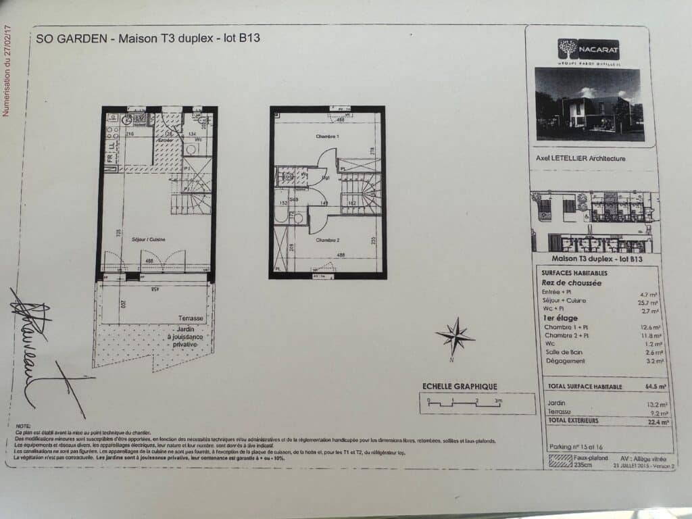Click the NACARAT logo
click(589, 49)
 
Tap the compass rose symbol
click(455, 336)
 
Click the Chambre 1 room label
click(327, 137)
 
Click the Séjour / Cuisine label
click(149, 240)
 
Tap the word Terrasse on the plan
click(191, 318)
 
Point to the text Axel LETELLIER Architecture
click(580, 159)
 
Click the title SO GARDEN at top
click(72, 39)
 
